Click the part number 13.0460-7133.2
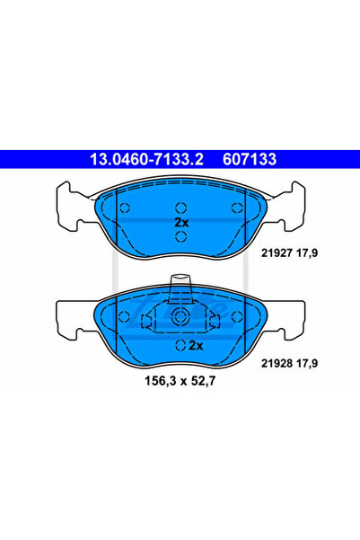(146, 159)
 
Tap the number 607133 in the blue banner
(250, 159)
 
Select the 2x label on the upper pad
(181, 223)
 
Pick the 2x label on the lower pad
(196, 345)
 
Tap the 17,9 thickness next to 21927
(307, 253)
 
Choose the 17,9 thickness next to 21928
(307, 364)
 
